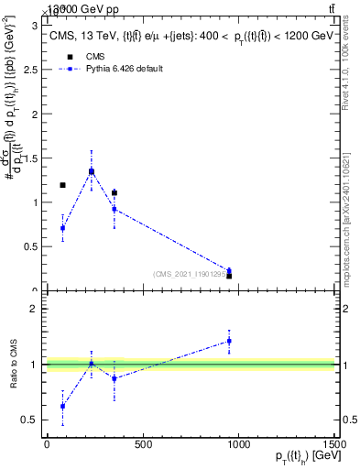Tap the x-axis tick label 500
[142, 445]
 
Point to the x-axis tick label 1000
[238, 445]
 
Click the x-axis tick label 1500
[333, 445]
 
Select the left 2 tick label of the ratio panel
[35, 310]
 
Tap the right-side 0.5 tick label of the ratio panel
[349, 420]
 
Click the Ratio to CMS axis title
[14, 365]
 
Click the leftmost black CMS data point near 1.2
[62, 185]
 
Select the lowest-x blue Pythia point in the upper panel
[62, 228]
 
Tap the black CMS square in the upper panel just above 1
[115, 193]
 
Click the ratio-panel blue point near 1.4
[229, 341]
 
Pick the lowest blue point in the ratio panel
[62, 406]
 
